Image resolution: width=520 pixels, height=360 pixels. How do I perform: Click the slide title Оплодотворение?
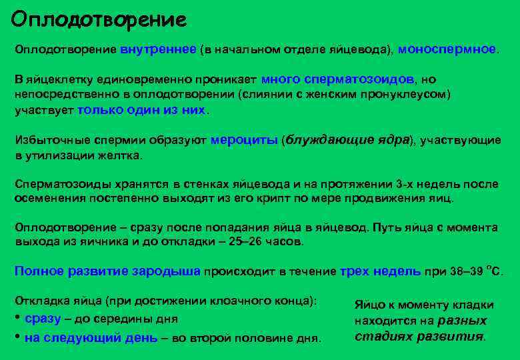(x=99, y=19)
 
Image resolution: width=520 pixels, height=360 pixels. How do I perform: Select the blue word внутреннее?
(x=158, y=49)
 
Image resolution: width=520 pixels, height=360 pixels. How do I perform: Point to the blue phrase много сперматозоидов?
(x=339, y=79)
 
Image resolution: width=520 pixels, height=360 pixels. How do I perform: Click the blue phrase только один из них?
(x=142, y=111)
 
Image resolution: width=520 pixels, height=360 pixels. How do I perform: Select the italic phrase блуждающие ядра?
(x=346, y=140)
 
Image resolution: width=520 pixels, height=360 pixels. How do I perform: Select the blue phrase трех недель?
(x=380, y=271)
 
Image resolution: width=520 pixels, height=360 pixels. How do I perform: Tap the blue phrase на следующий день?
(x=91, y=337)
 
